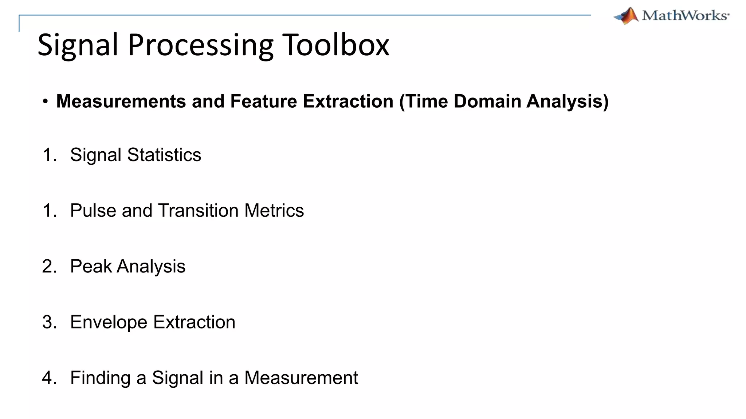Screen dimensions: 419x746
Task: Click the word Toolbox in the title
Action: pos(335,45)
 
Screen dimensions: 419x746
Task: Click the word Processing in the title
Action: pos(200,45)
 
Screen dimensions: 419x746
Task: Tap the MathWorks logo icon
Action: pos(626,16)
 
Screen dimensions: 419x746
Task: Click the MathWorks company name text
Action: pos(685,16)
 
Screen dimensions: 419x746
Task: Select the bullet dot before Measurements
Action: pos(45,101)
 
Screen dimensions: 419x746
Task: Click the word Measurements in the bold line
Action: pos(121,101)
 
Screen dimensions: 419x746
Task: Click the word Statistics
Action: pos(164,155)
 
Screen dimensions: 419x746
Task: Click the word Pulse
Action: pos(93,211)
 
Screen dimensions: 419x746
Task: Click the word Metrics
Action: pos(274,211)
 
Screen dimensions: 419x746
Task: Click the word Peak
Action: pos(91,266)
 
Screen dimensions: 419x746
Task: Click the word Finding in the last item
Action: pos(100,378)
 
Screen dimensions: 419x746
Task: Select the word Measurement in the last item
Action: pos(301,378)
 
